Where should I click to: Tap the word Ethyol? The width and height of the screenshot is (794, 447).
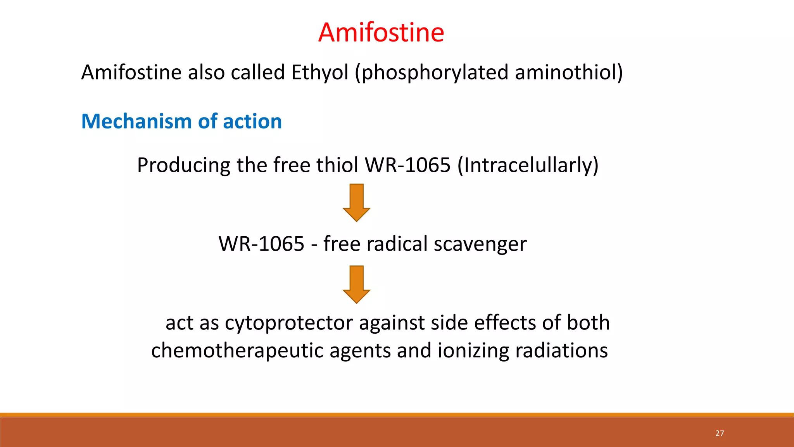[x=320, y=73]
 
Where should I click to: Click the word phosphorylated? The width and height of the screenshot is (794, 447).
[x=431, y=73]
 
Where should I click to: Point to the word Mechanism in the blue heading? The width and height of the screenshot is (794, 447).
[x=136, y=121]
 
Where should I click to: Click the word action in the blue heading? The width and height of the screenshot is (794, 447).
[x=252, y=121]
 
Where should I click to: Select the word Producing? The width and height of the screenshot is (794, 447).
[x=183, y=165]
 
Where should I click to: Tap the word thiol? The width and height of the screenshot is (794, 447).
[x=337, y=165]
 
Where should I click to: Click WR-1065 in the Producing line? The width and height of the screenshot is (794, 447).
[x=407, y=165]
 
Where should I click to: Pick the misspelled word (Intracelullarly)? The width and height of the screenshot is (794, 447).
[x=528, y=165]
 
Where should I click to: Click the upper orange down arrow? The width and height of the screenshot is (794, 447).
[x=356, y=203]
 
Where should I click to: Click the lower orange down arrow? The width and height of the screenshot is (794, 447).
[x=356, y=284]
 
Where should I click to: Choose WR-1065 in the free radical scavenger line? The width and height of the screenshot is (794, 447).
[x=261, y=244]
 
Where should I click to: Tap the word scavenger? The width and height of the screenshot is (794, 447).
[x=480, y=244]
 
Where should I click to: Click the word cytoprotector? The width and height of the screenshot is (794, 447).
[x=289, y=323]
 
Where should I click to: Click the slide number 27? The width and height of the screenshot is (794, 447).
[x=720, y=433]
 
